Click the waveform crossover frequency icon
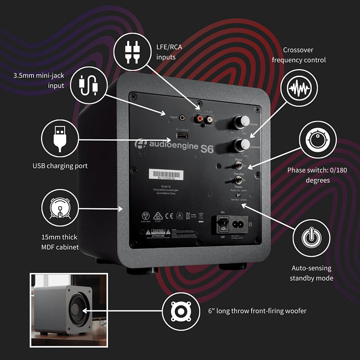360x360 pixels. tap(299, 87)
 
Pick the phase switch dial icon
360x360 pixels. tap(318, 139)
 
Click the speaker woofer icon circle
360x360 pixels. tap(180, 311)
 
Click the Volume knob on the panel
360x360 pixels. tap(241, 121)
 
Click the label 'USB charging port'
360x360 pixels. tap(60, 166)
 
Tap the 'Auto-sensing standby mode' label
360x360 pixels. tap(311, 273)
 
